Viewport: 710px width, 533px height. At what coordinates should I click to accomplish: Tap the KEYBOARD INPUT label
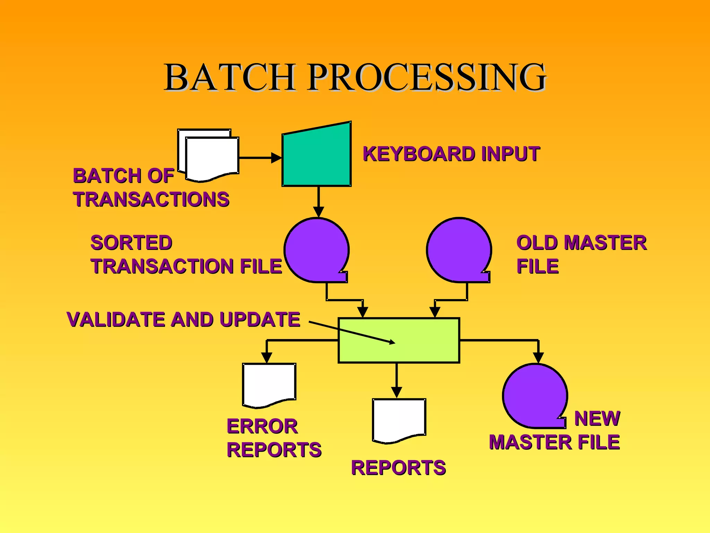[451, 154]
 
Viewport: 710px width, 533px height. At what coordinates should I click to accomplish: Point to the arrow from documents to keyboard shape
[260, 158]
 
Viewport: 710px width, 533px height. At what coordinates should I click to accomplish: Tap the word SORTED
[131, 243]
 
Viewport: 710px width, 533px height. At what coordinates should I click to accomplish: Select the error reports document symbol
[269, 383]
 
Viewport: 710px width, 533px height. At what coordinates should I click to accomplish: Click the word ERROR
[262, 426]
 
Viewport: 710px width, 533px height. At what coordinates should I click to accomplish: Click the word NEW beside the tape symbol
[597, 418]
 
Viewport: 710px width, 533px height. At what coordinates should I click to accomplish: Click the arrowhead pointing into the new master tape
[538, 358]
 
